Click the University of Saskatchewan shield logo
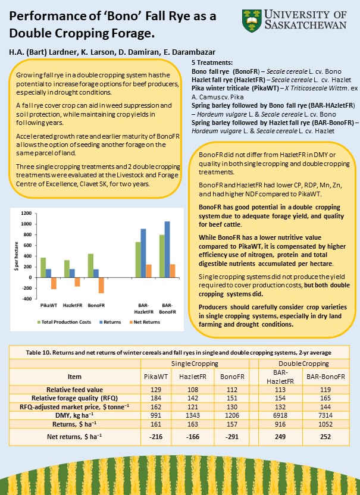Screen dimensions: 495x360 tap(251, 20)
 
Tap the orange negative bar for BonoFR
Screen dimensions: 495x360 tap(101, 285)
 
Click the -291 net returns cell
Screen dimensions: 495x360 tap(229, 437)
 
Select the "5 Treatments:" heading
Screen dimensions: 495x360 tap(212, 62)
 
